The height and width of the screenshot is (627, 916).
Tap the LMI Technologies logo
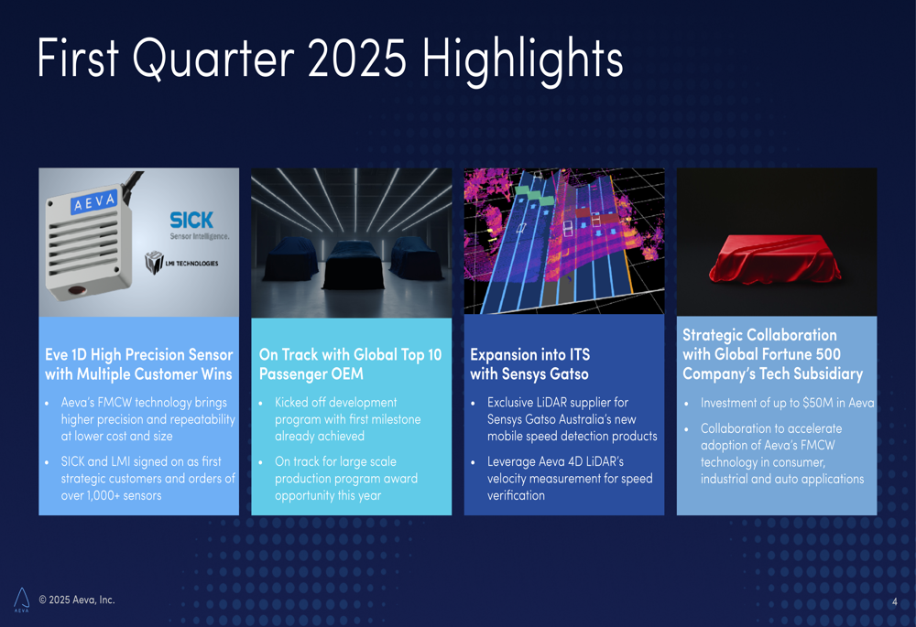181,263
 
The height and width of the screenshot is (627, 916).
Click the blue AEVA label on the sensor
93,201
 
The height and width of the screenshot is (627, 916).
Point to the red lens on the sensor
78,290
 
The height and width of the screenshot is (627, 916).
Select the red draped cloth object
775,259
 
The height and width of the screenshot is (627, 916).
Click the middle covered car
353,265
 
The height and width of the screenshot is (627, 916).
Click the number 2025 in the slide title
356,59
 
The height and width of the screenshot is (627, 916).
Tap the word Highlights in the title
523,61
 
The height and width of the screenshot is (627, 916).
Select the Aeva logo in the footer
22,600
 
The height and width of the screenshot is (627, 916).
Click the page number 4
894,602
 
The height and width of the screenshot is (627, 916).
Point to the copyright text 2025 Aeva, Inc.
77,600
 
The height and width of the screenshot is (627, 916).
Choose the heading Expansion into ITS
529,354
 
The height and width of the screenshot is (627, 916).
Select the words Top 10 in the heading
420,354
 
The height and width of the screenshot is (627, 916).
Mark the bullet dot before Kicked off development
260,404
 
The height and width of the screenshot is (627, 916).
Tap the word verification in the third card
516,495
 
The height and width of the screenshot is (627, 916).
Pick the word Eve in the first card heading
56,354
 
